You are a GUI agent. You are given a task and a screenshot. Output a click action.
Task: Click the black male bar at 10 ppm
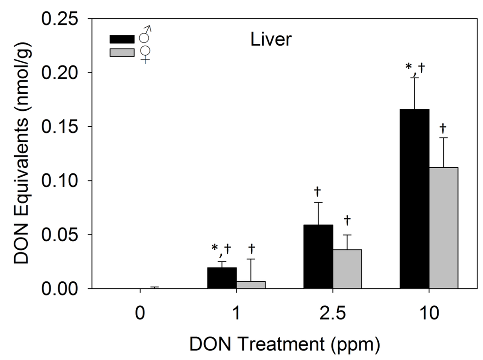(x=414, y=198)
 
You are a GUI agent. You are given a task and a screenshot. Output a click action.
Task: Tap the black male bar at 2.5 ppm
(x=318, y=256)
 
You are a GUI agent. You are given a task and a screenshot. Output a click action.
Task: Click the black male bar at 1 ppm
(x=222, y=278)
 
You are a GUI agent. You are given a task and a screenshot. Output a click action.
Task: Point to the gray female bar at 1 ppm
(x=250, y=285)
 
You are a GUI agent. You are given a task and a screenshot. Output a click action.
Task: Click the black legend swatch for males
(x=122, y=38)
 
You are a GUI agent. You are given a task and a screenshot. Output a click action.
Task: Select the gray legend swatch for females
(x=122, y=52)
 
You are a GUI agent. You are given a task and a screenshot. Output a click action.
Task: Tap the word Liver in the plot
(x=271, y=40)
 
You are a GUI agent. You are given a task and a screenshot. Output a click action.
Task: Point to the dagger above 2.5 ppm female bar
(x=347, y=220)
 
